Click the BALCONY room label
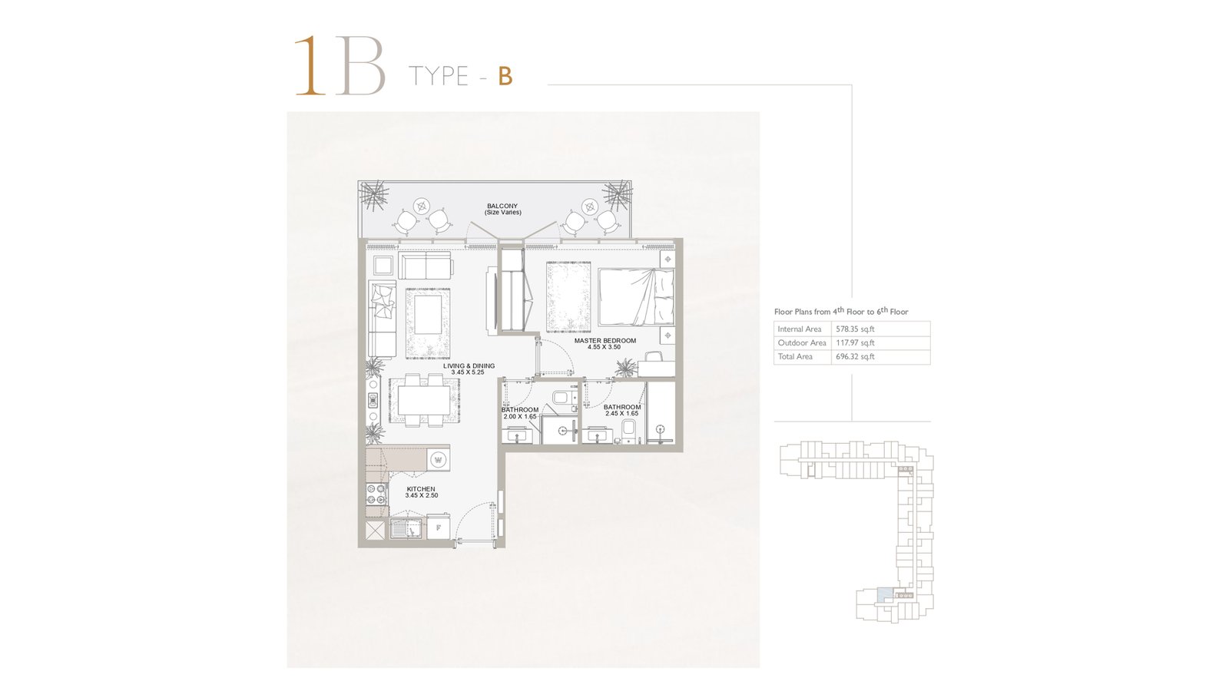click(x=502, y=207)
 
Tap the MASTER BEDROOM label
click(x=605, y=341)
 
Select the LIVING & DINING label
click(x=469, y=365)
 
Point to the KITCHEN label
click(x=421, y=489)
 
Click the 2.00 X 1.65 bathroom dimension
click(x=520, y=417)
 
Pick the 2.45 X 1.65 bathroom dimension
click(x=622, y=414)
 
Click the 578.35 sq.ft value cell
click(x=855, y=329)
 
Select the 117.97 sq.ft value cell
click(x=855, y=342)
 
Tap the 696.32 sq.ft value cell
click(x=855, y=356)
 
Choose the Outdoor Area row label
click(x=802, y=342)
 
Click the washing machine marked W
click(x=439, y=460)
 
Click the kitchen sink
click(x=406, y=529)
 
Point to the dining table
click(x=423, y=401)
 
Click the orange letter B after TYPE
click(x=505, y=76)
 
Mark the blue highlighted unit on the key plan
click(x=884, y=594)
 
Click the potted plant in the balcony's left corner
click(x=374, y=197)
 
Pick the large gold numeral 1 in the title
click(x=310, y=66)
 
